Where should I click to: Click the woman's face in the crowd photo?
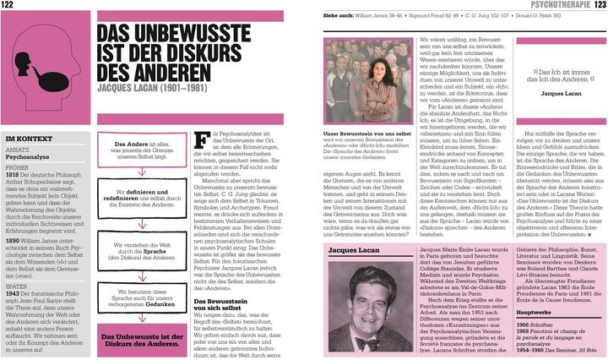click(366, 68)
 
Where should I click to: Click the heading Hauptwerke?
click(533, 312)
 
